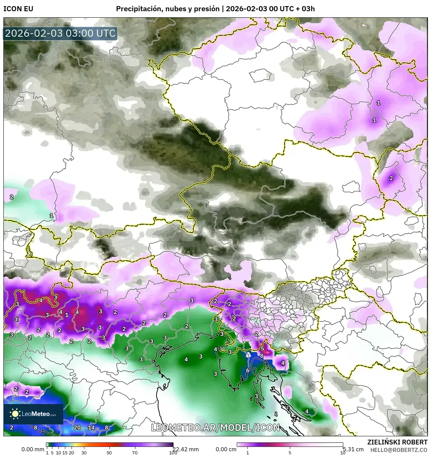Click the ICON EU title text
coord(18,9)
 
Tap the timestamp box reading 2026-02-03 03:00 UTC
coord(60,33)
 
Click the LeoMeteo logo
coord(33,414)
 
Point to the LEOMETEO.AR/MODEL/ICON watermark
coord(215,427)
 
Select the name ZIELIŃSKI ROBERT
coord(397,442)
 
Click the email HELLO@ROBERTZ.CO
coord(399,450)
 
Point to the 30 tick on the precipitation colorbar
coord(84,452)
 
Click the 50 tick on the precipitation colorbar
coord(109,452)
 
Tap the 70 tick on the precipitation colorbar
coord(135,452)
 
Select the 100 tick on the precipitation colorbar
coord(173,452)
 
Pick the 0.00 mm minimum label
coord(33,449)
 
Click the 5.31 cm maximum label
coord(353,449)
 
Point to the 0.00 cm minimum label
coord(226,449)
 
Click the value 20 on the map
coord(77,427)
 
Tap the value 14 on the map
coord(91,427)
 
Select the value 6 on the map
coord(248,371)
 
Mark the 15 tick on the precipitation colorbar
coord(65,452)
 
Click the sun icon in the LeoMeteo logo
coord(15,414)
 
